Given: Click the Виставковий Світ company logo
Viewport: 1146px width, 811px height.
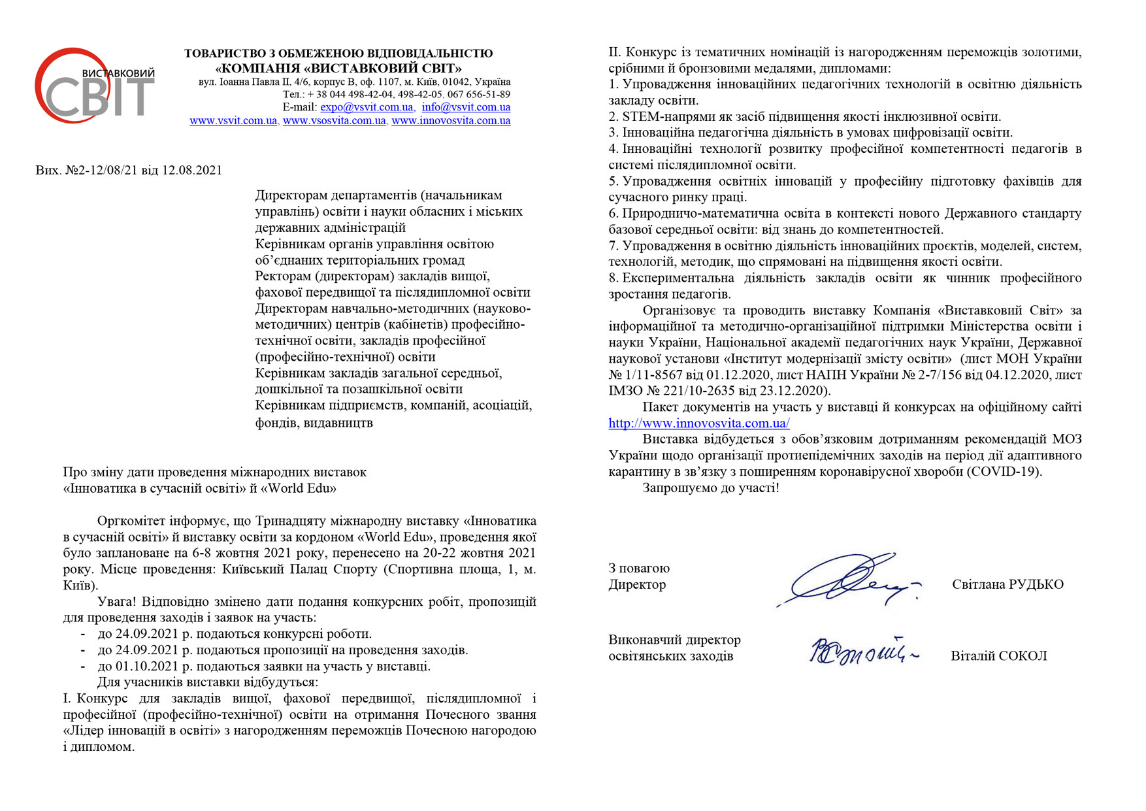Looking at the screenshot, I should click(x=95, y=86).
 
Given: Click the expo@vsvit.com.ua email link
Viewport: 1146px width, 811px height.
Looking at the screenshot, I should click(x=367, y=107).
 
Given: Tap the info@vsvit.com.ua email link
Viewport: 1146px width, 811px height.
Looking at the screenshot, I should click(x=466, y=107).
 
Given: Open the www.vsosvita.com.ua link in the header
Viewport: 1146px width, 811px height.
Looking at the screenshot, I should click(x=334, y=121).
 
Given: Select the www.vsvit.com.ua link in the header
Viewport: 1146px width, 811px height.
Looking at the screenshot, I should click(x=233, y=121).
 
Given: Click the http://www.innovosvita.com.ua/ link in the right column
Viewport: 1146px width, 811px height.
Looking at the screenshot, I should click(x=698, y=423).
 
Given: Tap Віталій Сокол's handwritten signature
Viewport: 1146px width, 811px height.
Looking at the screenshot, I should click(x=862, y=652).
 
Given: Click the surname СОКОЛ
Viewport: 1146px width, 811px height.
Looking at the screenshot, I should click(x=1023, y=656).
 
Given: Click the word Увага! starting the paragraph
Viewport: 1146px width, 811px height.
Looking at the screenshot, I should click(x=118, y=602).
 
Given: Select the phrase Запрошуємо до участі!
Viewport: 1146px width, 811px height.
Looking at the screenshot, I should click(x=711, y=488).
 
